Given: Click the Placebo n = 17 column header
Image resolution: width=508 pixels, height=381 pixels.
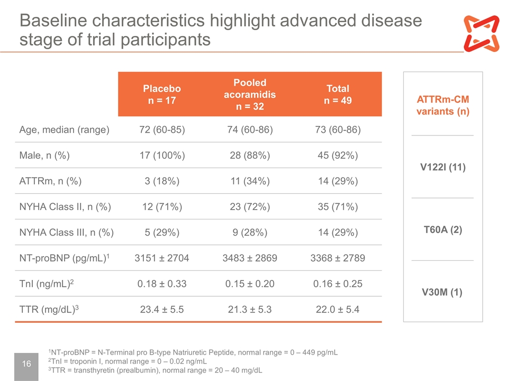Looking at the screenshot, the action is tap(162, 94).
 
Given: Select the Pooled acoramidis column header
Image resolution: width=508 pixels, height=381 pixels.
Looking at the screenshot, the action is tap(250, 94).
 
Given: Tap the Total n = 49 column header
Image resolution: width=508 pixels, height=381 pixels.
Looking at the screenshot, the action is tap(338, 94).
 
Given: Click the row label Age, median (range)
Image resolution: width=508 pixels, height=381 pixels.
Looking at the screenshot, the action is tap(64, 130).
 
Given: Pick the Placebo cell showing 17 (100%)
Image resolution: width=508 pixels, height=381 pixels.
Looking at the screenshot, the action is tap(162, 155).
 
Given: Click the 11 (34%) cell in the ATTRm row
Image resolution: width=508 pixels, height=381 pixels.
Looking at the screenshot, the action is tap(250, 181).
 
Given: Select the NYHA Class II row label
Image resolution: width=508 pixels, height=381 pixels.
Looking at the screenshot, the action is tap(65, 207).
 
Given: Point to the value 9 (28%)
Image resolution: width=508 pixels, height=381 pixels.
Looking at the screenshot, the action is tap(250, 232).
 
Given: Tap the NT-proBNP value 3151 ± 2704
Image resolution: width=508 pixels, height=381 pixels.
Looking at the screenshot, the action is tap(162, 258).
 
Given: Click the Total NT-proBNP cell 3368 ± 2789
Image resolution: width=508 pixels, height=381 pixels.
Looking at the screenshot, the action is tap(338, 258).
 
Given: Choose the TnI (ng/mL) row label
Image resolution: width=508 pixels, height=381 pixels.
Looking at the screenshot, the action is tap(47, 284).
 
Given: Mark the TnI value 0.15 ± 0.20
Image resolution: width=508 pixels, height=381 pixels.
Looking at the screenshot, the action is tap(250, 284).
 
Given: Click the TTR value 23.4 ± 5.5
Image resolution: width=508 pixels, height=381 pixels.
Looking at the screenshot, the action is tap(162, 310).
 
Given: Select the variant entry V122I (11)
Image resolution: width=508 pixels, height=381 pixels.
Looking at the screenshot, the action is tap(443, 167).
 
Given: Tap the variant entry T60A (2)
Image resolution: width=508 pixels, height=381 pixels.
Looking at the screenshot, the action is tap(443, 230).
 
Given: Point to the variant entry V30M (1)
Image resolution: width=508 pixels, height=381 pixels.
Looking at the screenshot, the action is tap(442, 292).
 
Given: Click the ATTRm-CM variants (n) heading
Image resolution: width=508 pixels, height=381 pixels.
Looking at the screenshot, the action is tap(443, 105).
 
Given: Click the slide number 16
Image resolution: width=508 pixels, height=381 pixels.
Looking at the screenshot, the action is tap(26, 364).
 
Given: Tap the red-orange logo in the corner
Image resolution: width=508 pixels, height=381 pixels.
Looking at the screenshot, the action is tap(482, 33).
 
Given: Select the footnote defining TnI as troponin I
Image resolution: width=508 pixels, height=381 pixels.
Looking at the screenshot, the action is tap(128, 361).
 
